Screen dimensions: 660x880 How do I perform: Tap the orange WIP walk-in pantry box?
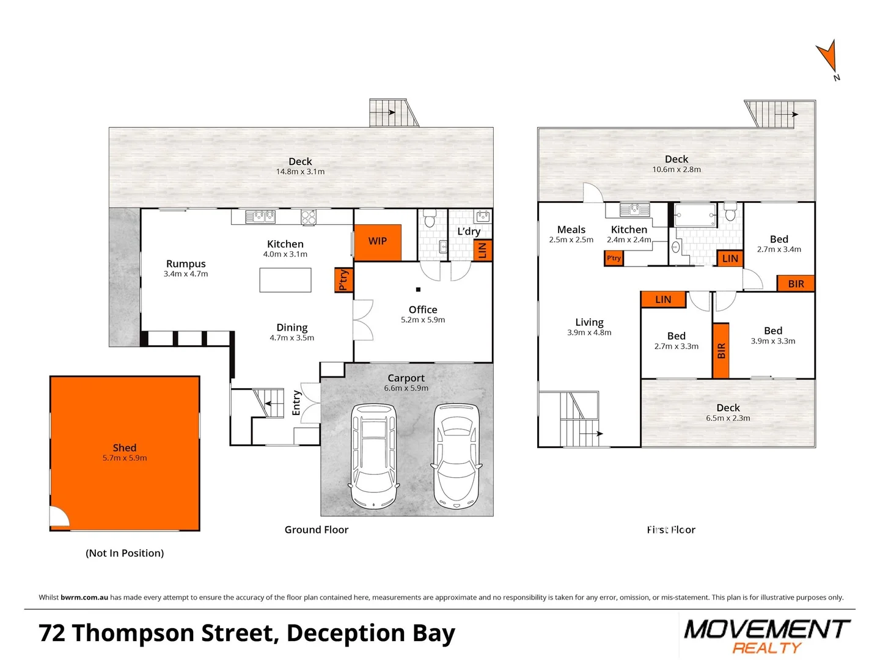click(x=378, y=242)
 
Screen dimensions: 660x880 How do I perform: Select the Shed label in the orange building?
click(x=125, y=448)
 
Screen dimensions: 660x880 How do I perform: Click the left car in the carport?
click(x=373, y=455)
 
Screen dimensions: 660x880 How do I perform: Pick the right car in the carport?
click(x=457, y=456)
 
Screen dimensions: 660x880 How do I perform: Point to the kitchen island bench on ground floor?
click(x=285, y=280)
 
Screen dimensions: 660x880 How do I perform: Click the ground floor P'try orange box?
click(x=343, y=280)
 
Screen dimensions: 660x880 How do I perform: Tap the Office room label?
click(x=423, y=310)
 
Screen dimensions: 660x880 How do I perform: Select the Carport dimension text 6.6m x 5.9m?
click(x=406, y=389)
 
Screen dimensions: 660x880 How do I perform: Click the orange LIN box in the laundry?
click(x=482, y=250)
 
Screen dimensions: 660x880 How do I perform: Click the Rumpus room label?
click(x=186, y=264)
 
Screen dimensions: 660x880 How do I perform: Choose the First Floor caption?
click(x=671, y=530)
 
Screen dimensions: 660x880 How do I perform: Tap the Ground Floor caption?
click(x=317, y=530)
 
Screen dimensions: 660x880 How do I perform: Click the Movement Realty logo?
click(x=767, y=636)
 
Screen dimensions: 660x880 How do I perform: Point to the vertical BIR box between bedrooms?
click(x=721, y=351)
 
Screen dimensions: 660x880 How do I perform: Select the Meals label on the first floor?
click(x=571, y=230)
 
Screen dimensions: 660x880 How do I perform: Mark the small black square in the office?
click(x=418, y=290)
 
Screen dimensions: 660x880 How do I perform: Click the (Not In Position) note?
click(x=125, y=553)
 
